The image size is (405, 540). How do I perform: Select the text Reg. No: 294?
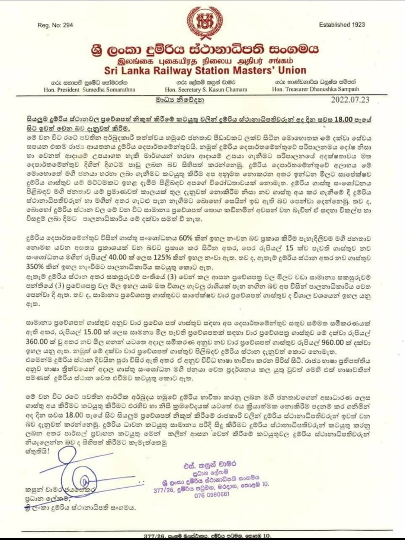tap(55, 25)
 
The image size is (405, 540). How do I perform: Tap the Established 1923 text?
tap(342, 25)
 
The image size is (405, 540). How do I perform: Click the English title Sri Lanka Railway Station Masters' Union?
tap(205, 70)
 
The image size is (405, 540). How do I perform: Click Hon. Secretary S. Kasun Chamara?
tap(206, 89)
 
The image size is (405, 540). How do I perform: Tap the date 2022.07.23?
tap(350, 100)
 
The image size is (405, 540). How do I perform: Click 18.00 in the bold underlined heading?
tap(343, 119)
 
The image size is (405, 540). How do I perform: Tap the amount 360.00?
tap(37, 342)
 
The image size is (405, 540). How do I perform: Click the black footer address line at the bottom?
tap(207, 536)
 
